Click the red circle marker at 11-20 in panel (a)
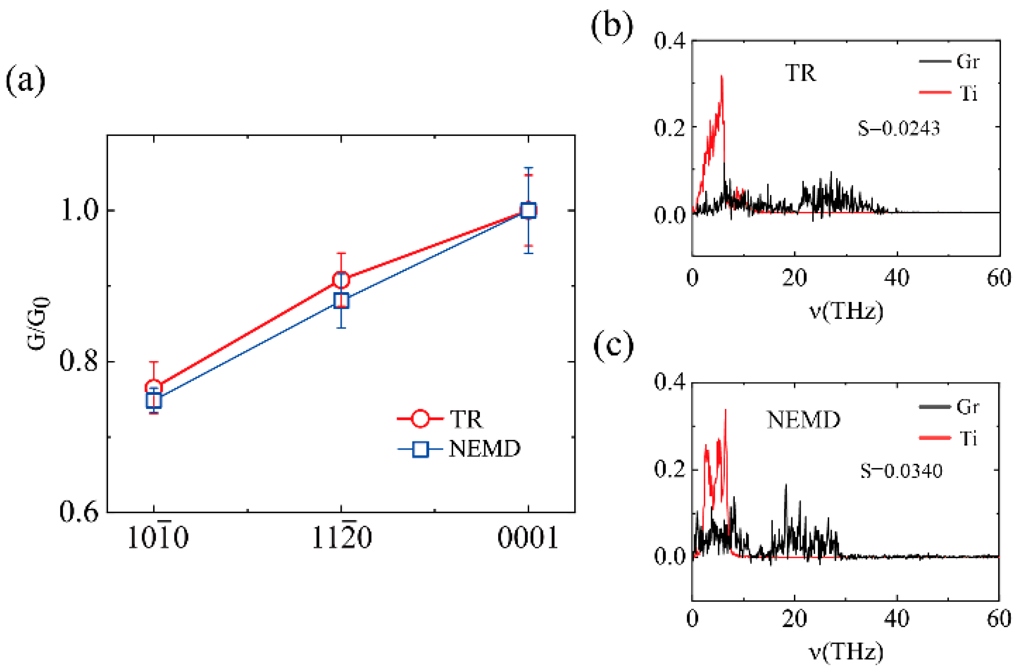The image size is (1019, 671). pyautogui.click(x=341, y=280)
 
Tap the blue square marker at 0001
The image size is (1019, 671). pyautogui.click(x=528, y=211)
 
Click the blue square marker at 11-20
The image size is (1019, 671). pyautogui.click(x=341, y=300)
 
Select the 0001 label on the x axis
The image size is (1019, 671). pyautogui.click(x=528, y=538)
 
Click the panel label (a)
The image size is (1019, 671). pyautogui.click(x=25, y=81)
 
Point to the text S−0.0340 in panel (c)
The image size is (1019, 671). pyautogui.click(x=901, y=471)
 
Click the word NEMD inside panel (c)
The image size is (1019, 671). pyautogui.click(x=803, y=420)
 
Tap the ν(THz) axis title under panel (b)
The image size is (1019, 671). pyautogui.click(x=846, y=311)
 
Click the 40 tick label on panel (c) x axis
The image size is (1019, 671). pyautogui.click(x=896, y=619)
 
